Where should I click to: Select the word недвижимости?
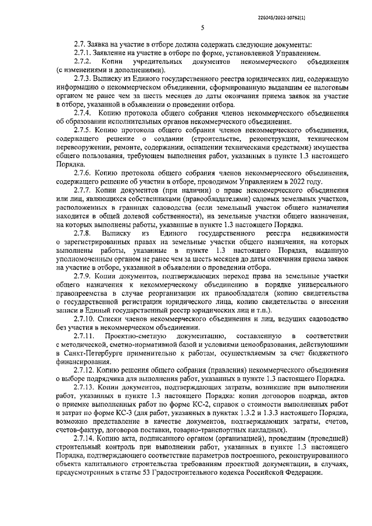click(325, 232)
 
